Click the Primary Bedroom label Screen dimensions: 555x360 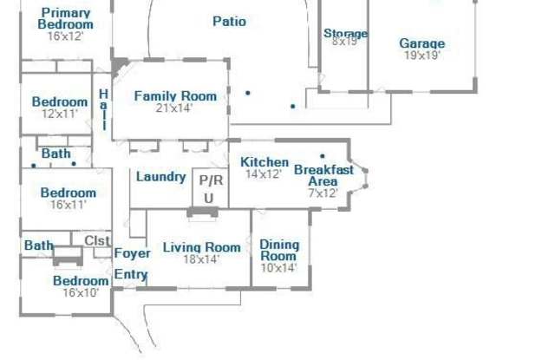pyautogui.click(x=66, y=19)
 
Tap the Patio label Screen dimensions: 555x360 pyautogui.click(x=229, y=21)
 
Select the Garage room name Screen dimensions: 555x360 pyautogui.click(x=422, y=43)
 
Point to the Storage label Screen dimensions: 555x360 pyautogui.click(x=345, y=33)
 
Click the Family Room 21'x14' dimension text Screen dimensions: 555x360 pyautogui.click(x=173, y=108)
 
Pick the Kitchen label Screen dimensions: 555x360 pyautogui.click(x=264, y=162)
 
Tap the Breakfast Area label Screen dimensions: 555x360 pyautogui.click(x=323, y=175)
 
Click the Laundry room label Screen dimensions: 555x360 pyautogui.click(x=161, y=177)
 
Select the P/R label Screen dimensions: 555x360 pyautogui.click(x=211, y=180)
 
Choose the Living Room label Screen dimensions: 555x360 pyautogui.click(x=202, y=247)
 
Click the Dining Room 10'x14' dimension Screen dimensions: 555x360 pyautogui.click(x=278, y=268)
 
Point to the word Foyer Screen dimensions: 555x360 pyautogui.click(x=133, y=253)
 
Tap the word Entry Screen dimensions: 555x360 pyautogui.click(x=131, y=274)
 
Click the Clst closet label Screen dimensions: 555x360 pyautogui.click(x=97, y=240)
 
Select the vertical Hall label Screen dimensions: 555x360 pyautogui.click(x=103, y=109)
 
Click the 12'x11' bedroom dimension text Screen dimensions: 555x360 pyautogui.click(x=60, y=114)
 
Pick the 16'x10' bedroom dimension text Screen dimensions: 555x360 pyautogui.click(x=81, y=293)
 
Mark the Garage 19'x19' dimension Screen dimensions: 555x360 pyautogui.click(x=422, y=56)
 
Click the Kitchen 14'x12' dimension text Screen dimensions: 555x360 pyautogui.click(x=264, y=174)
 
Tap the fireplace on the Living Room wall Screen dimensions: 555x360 pyautogui.click(x=202, y=213)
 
